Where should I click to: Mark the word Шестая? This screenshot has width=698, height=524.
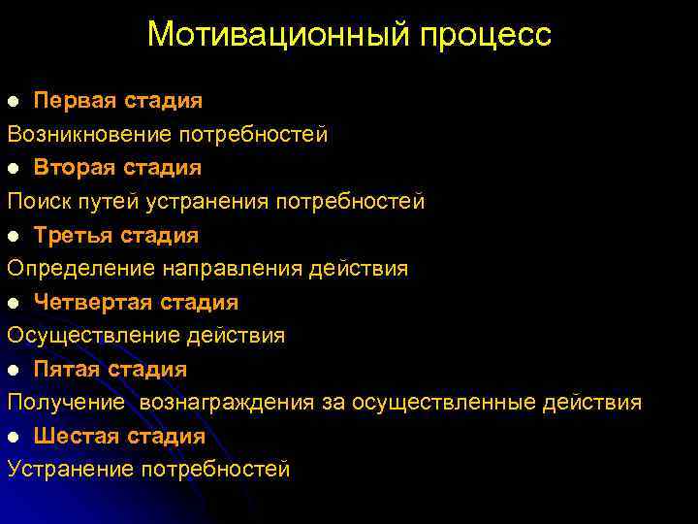[76, 436]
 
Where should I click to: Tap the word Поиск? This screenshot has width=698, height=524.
[35, 201]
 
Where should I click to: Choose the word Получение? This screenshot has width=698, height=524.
[65, 403]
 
